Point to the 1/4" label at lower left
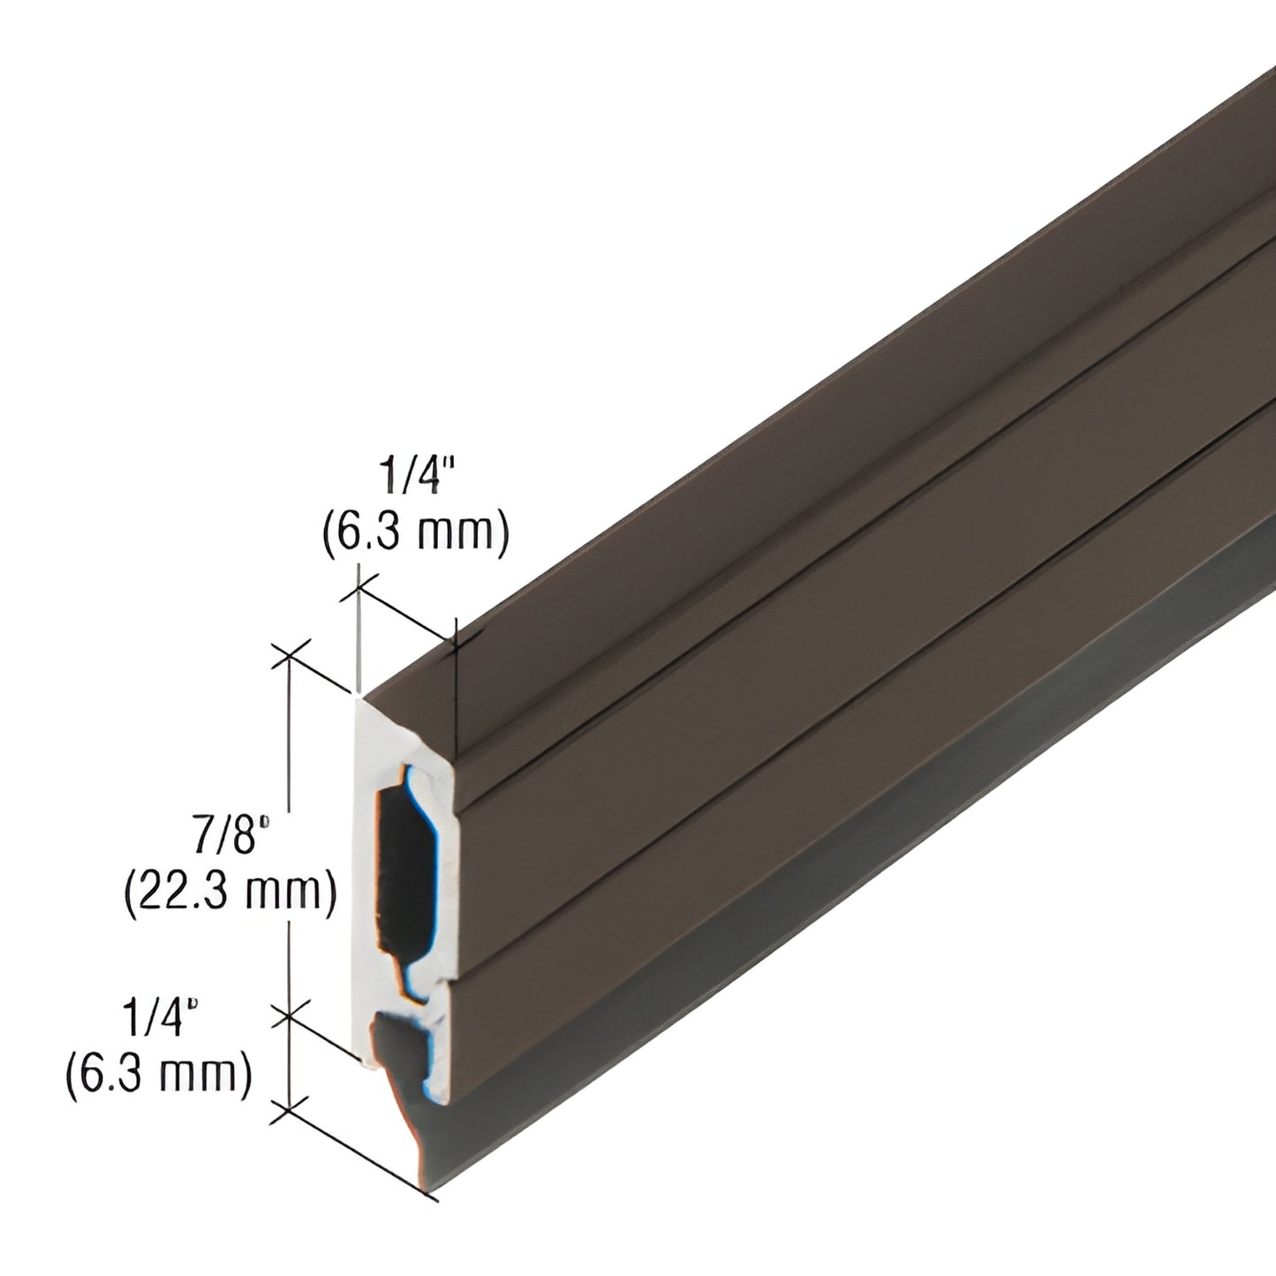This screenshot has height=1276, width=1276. (x=157, y=1022)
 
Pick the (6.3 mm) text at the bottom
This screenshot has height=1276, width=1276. (x=157, y=1075)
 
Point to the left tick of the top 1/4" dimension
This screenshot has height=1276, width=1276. (x=359, y=586)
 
